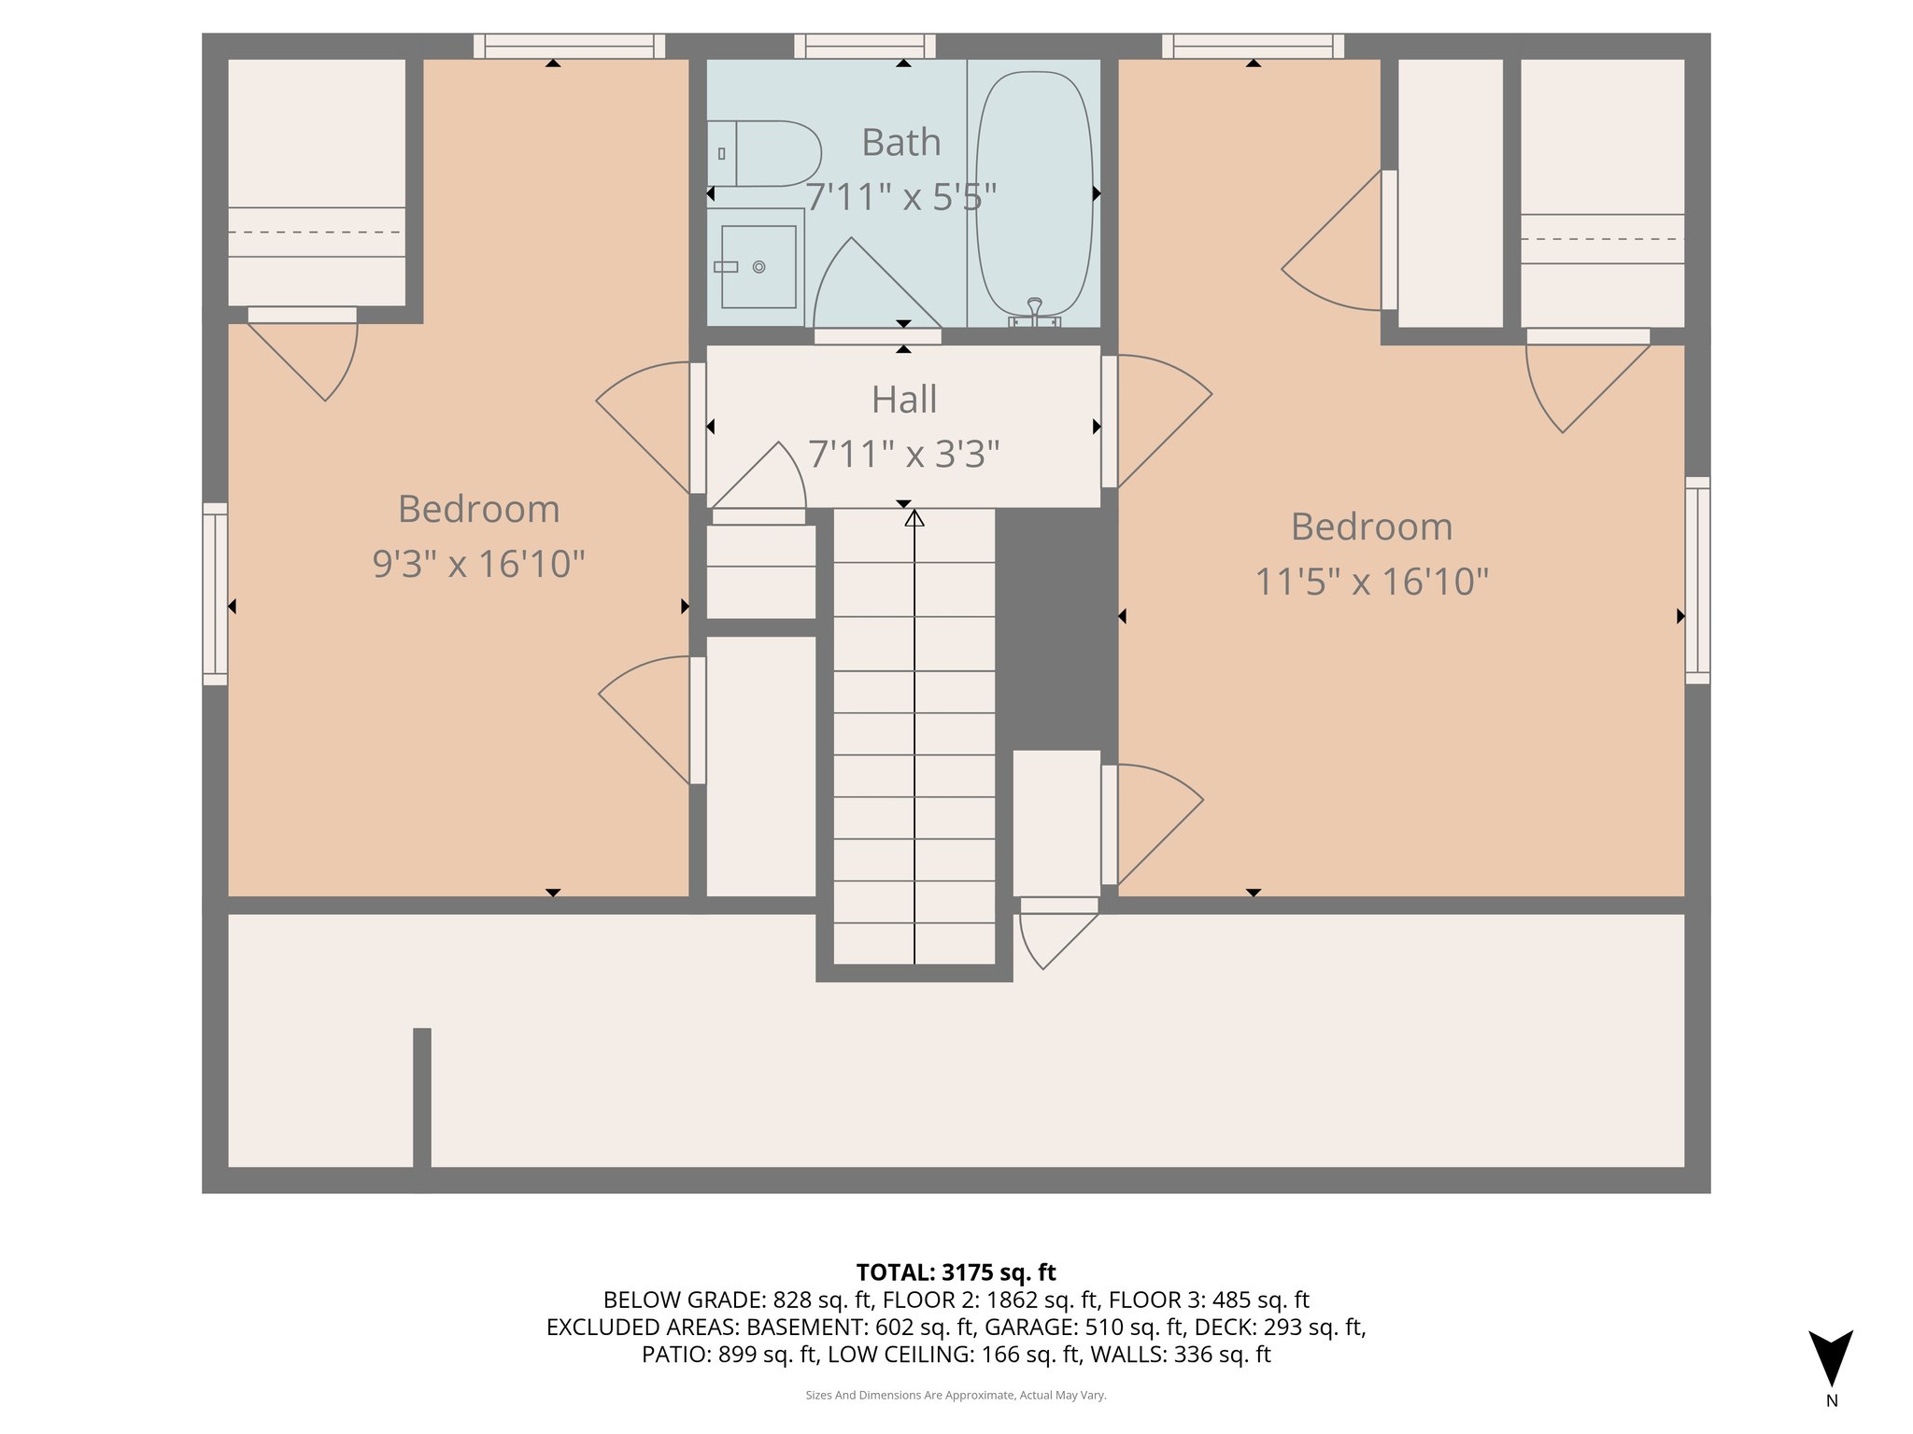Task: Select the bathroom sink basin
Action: pyautogui.click(x=758, y=267)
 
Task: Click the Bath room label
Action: pyautogui.click(x=900, y=143)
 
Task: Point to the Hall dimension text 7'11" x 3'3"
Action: pyautogui.click(x=903, y=455)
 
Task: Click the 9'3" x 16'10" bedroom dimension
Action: pyautogui.click(x=478, y=564)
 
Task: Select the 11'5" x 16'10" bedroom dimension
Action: pyautogui.click(x=1371, y=582)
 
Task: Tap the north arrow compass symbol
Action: pyautogui.click(x=1830, y=1358)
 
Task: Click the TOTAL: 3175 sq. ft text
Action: pyautogui.click(x=956, y=1272)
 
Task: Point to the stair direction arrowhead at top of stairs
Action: pyautogui.click(x=914, y=518)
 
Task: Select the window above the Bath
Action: pyautogui.click(x=865, y=46)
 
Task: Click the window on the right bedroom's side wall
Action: pyautogui.click(x=1697, y=580)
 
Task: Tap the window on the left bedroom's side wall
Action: pyautogui.click(x=215, y=594)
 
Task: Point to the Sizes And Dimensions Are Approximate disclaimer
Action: pyautogui.click(x=956, y=1395)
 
